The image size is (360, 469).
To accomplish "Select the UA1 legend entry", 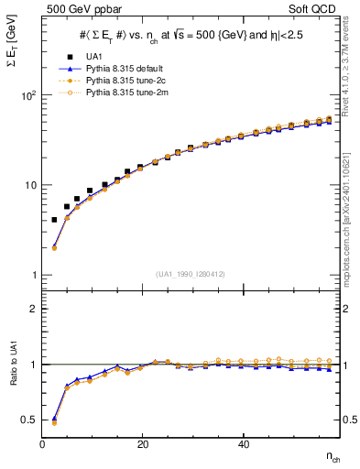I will click(89, 57).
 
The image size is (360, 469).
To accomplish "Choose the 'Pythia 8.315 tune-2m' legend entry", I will click(116, 93).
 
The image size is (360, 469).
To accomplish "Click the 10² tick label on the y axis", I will click(27, 95).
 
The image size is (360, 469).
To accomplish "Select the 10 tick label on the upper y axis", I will click(29, 185).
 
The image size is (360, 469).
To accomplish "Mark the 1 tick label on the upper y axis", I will click(32, 275).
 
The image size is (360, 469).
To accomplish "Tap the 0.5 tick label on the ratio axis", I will click(28, 420).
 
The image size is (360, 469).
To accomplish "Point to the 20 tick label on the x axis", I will click(143, 444).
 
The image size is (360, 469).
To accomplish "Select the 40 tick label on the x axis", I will click(243, 444).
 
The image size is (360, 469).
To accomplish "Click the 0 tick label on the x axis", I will click(43, 444).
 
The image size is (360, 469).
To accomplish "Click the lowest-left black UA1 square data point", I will click(54, 220).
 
